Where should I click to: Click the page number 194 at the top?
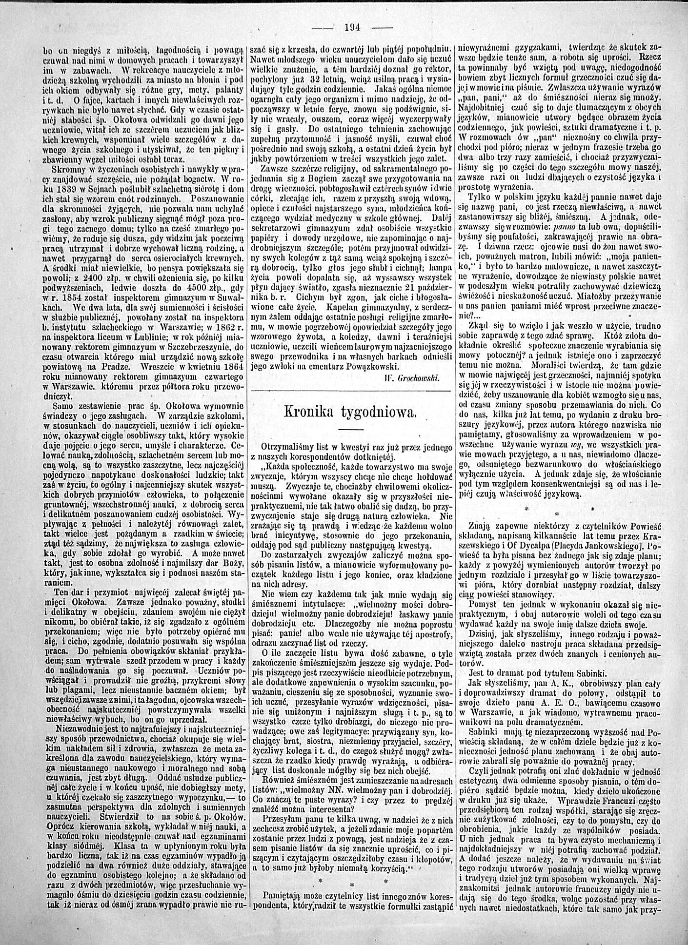click(351, 27)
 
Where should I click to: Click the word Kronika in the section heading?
click(310, 412)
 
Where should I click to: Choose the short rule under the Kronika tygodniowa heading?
click(348, 429)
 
